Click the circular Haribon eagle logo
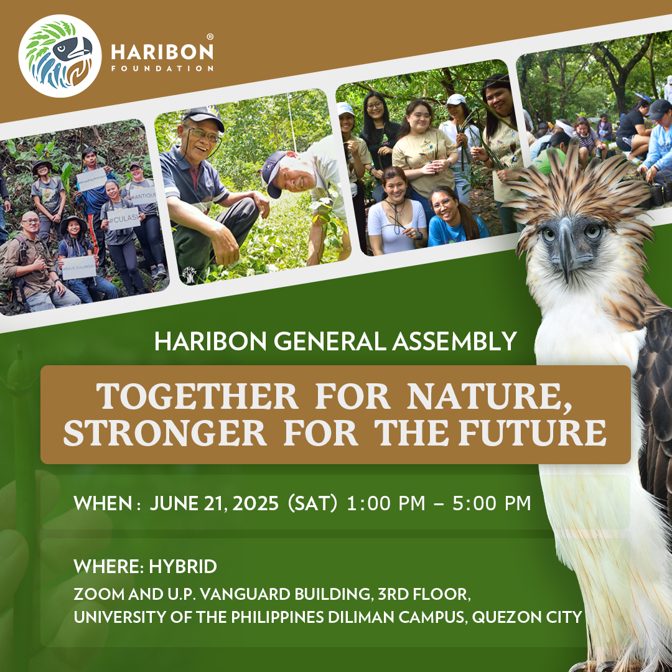pos(60,56)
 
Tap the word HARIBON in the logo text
pos(162,52)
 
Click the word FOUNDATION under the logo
pos(162,68)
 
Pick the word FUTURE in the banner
pos(533,433)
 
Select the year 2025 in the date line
pos(256,503)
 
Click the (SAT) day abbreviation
pos(312,503)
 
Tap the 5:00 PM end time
pos(492,503)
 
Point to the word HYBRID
pos(183,567)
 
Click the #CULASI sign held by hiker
pos(124,219)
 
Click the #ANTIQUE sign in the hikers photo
pos(142,196)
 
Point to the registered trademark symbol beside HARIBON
pos(210,37)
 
